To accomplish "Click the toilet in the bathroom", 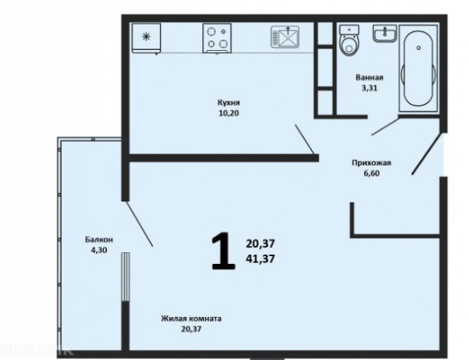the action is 349,41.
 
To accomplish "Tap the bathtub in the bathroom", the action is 418,69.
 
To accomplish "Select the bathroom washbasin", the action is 385,33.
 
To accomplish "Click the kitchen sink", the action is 285,37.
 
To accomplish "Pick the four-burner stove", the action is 217,38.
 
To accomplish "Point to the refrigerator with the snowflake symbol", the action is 146,38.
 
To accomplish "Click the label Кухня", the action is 228,103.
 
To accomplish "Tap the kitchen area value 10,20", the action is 229,113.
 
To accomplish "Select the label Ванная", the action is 370,77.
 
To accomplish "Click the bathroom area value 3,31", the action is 370,88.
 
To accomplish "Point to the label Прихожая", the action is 371,163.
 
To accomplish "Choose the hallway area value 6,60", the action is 372,173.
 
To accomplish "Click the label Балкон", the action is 99,240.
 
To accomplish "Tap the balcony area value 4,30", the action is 99,250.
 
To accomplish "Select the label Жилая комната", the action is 192,319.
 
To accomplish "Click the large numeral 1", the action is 223,251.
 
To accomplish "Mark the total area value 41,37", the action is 260,258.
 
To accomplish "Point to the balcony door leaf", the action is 139,224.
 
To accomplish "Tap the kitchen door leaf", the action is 305,140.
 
